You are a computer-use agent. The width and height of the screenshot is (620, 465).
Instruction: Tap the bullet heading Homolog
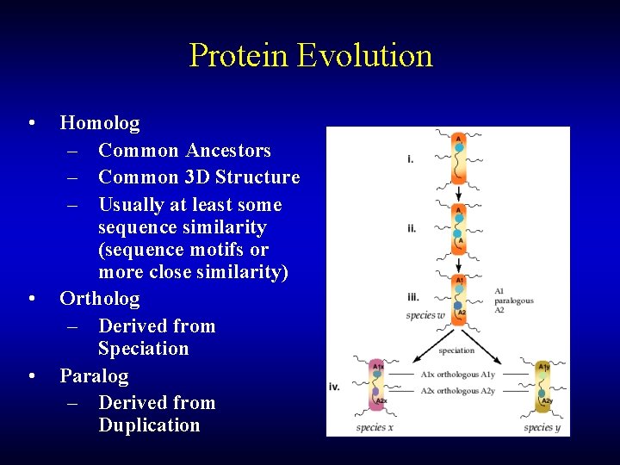[99, 123]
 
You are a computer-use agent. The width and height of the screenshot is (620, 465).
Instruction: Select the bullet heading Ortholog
[99, 299]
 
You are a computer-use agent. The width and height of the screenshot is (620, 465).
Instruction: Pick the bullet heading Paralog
[94, 376]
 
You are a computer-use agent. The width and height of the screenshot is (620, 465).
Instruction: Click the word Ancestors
[221, 151]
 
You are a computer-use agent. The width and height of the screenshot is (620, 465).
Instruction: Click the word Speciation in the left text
[143, 349]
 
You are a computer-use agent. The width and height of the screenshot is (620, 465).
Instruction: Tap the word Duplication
[149, 425]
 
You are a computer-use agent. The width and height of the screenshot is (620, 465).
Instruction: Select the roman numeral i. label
[411, 159]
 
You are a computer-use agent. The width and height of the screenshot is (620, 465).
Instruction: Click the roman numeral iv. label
[335, 387]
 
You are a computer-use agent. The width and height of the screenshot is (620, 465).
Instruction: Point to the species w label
[425, 315]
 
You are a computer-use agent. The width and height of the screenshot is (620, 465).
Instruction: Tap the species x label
[375, 427]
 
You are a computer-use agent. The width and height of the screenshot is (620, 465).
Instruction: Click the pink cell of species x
[378, 385]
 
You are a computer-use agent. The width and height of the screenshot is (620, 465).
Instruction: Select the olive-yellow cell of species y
[543, 385]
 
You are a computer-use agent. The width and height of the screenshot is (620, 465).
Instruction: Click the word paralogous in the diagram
[514, 301]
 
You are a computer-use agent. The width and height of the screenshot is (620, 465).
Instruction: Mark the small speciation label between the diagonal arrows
[456, 350]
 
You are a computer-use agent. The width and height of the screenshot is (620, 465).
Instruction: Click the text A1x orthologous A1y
[458, 375]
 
